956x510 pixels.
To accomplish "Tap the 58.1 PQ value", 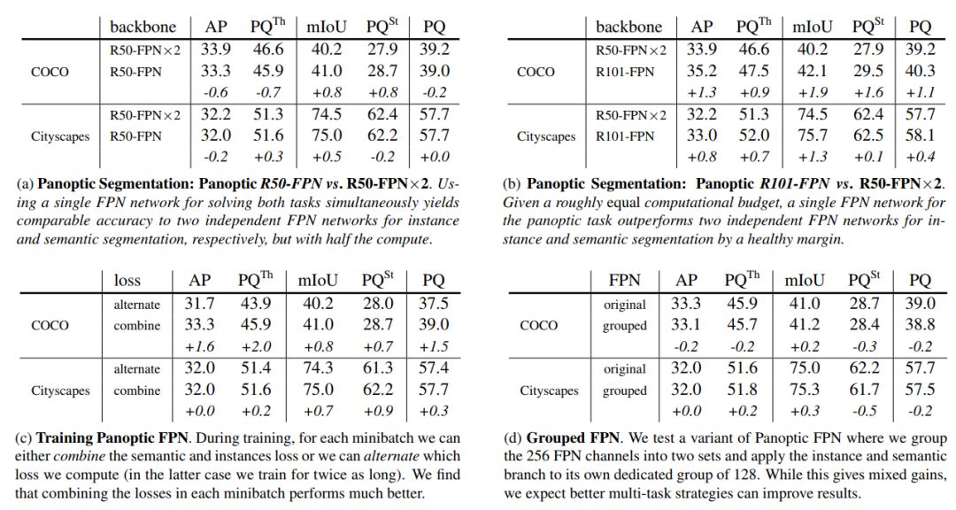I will (921, 136).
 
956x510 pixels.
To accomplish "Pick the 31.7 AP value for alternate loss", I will (200, 304).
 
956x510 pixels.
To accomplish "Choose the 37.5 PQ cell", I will (434, 304).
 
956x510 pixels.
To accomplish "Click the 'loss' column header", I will (127, 280).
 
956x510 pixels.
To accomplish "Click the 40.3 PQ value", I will (921, 72).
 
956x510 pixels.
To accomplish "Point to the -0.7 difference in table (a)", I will (266, 91).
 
